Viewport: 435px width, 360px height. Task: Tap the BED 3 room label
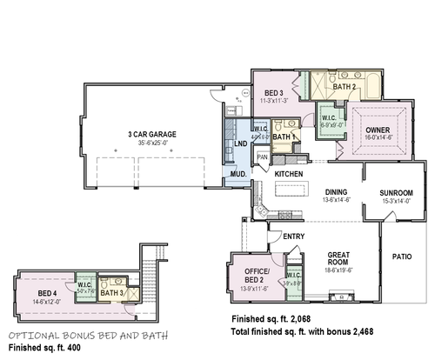pyautogui.click(x=274, y=92)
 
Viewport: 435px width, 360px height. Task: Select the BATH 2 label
pyautogui.click(x=345, y=86)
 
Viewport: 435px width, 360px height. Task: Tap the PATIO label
pyautogui.click(x=401, y=257)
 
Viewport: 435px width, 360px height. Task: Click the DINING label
pyautogui.click(x=311, y=192)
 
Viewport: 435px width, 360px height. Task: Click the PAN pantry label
pyautogui.click(x=262, y=157)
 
